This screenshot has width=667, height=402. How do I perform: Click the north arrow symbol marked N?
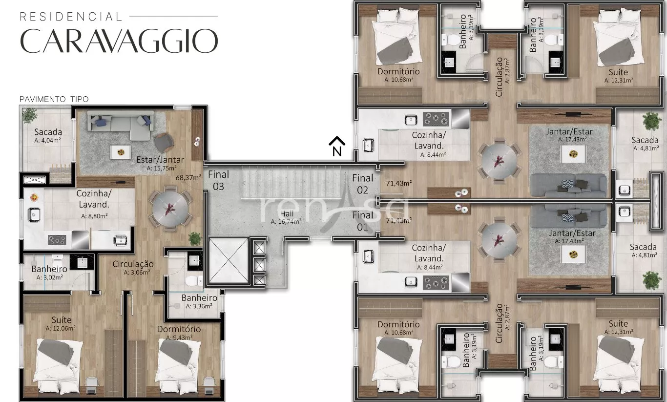[337, 147]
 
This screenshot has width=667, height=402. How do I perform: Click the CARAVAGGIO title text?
[119, 41]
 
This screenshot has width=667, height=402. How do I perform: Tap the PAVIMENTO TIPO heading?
[54, 99]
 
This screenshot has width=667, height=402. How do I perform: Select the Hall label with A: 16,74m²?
[286, 217]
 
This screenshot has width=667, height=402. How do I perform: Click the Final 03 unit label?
[218, 180]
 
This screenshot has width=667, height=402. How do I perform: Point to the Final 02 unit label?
[362, 184]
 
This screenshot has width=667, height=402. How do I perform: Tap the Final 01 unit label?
[362, 221]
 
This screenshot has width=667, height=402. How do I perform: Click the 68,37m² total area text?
[188, 178]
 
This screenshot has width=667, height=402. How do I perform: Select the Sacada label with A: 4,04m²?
[48, 135]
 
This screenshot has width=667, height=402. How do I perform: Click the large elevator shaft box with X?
[229, 260]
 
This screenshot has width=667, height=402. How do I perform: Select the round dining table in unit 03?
[170, 208]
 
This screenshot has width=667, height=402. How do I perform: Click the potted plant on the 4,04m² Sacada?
[30, 115]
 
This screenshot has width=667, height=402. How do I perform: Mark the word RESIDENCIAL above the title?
[71, 17]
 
